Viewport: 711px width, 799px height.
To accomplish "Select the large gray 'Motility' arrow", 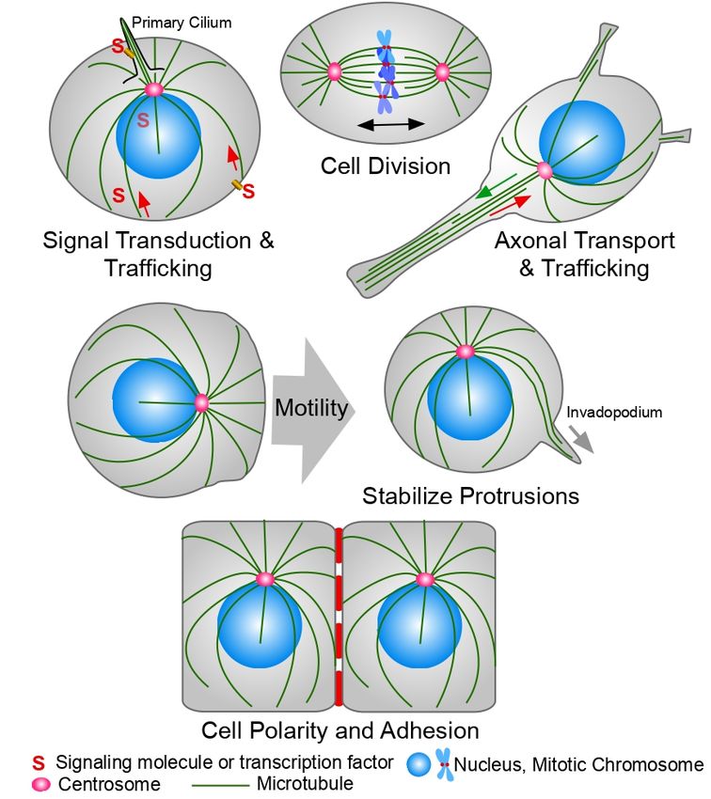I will tap(311, 409).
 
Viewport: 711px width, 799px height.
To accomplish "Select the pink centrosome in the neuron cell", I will tap(544, 170).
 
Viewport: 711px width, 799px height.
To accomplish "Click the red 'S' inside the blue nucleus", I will tap(143, 120).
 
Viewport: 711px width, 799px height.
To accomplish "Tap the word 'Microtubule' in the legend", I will tap(306, 783).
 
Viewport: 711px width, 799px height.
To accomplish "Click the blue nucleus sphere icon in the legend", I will tap(419, 766).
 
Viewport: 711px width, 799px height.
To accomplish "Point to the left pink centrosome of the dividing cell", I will tap(334, 71).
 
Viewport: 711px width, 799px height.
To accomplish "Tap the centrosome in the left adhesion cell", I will tap(264, 579).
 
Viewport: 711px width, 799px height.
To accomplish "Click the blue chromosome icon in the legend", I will tap(444, 766).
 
